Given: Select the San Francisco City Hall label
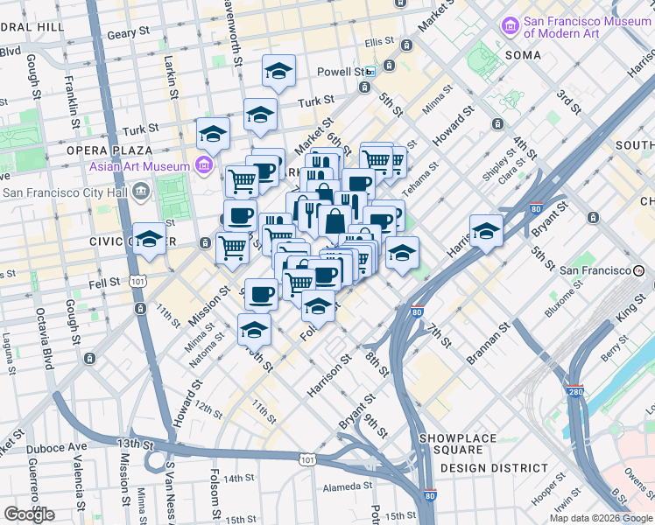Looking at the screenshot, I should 66,192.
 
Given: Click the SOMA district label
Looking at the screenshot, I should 524,55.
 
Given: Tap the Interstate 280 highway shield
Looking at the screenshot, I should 574,390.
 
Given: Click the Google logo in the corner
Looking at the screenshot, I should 29,514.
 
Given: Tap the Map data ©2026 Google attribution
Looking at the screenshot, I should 602,518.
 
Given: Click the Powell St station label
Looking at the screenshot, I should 347,72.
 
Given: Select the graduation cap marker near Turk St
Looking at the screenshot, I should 260,115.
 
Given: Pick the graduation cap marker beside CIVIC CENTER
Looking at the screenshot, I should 150,239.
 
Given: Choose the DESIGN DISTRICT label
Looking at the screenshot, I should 486,468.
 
